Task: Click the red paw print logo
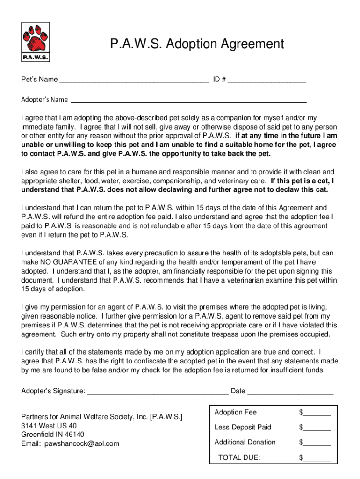click(36, 39)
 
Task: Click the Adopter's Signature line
click(158, 391)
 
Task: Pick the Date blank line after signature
click(290, 391)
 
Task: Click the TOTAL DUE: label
click(239, 457)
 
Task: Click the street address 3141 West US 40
click(49, 426)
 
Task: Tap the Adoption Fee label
click(235, 413)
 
